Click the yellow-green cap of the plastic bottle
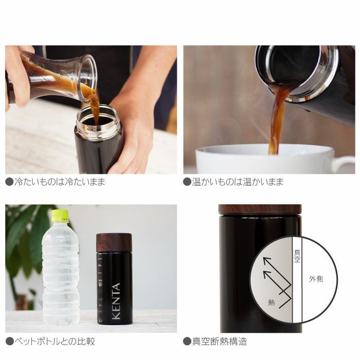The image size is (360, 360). coord(60,215)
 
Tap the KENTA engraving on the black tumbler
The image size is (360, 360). coord(116,301)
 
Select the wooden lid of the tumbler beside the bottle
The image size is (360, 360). coord(114,242)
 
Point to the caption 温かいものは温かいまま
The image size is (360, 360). coord(237,182)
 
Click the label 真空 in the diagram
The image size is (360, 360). coord(297,256)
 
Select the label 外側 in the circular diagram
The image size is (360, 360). coord(315,280)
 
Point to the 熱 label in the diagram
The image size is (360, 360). coord(271,302)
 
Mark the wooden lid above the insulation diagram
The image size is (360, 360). coord(260,209)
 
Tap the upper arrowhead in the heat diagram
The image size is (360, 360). coord(266,260)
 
